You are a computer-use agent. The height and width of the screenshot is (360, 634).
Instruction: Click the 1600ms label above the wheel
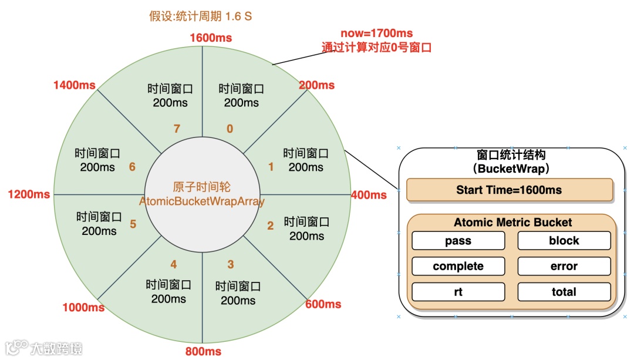211,38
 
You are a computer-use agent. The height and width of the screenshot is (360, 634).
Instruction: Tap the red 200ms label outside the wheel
316,86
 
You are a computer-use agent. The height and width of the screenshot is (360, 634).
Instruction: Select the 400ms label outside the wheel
369,195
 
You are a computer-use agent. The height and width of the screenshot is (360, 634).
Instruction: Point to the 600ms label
323,304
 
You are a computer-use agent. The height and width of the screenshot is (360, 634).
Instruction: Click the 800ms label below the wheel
203,351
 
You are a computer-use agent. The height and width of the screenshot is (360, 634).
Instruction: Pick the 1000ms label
84,308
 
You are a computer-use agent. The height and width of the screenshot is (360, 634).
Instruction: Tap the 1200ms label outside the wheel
28,194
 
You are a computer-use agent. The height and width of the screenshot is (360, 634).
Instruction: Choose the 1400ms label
74,85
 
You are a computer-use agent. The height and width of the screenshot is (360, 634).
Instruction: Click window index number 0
230,129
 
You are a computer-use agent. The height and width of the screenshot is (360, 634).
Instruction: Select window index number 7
177,129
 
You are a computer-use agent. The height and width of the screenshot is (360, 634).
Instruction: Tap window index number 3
231,265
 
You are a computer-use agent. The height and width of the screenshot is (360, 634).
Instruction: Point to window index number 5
133,224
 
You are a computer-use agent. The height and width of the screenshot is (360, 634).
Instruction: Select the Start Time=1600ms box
509,190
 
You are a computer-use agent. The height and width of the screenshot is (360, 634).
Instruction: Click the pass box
458,241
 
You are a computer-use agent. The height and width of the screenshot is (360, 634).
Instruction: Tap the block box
564,241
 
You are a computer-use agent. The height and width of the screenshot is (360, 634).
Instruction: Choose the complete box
458,266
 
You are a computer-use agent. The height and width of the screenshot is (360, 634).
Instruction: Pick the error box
564,266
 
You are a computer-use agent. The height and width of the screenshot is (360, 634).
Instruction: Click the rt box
458,292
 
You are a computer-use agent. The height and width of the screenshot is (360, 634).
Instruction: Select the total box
564,292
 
